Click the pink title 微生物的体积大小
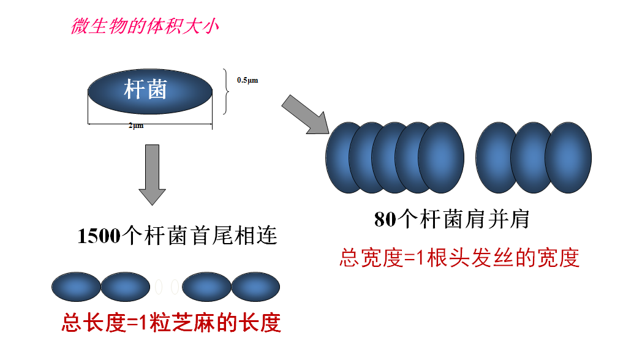(x=145, y=27)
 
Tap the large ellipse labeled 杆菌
(x=150, y=92)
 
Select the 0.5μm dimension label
(x=247, y=80)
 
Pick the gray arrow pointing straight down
(x=151, y=174)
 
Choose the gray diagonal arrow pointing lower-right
(x=305, y=114)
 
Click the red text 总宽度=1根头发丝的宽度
(x=459, y=258)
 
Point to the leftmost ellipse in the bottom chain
(x=76, y=287)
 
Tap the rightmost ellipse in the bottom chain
(x=255, y=287)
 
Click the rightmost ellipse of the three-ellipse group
(x=568, y=157)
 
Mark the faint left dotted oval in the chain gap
(x=159, y=286)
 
